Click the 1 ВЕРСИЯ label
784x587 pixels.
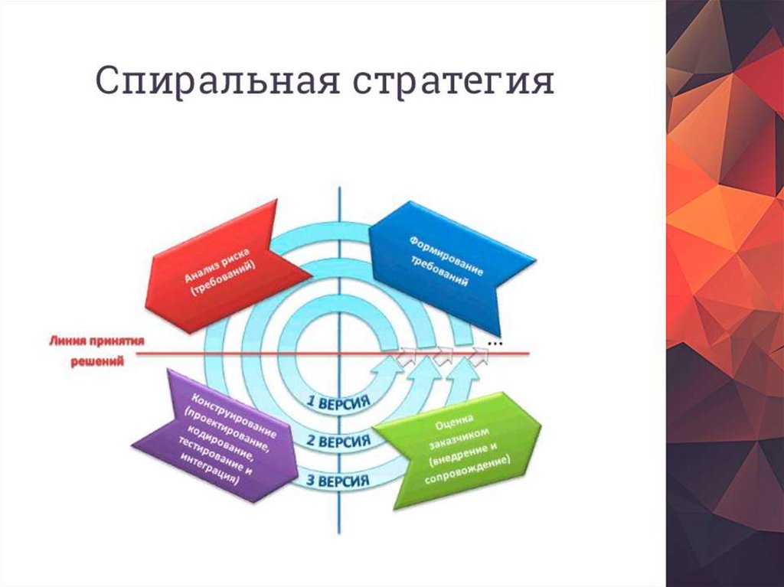338,403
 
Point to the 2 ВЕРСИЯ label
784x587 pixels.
338,441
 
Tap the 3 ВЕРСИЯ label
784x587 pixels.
338,481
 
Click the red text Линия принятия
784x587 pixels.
96,341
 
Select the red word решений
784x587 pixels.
97,361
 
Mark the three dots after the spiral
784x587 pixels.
495,344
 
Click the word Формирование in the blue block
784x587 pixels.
446,256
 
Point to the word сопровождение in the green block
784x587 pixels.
467,471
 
